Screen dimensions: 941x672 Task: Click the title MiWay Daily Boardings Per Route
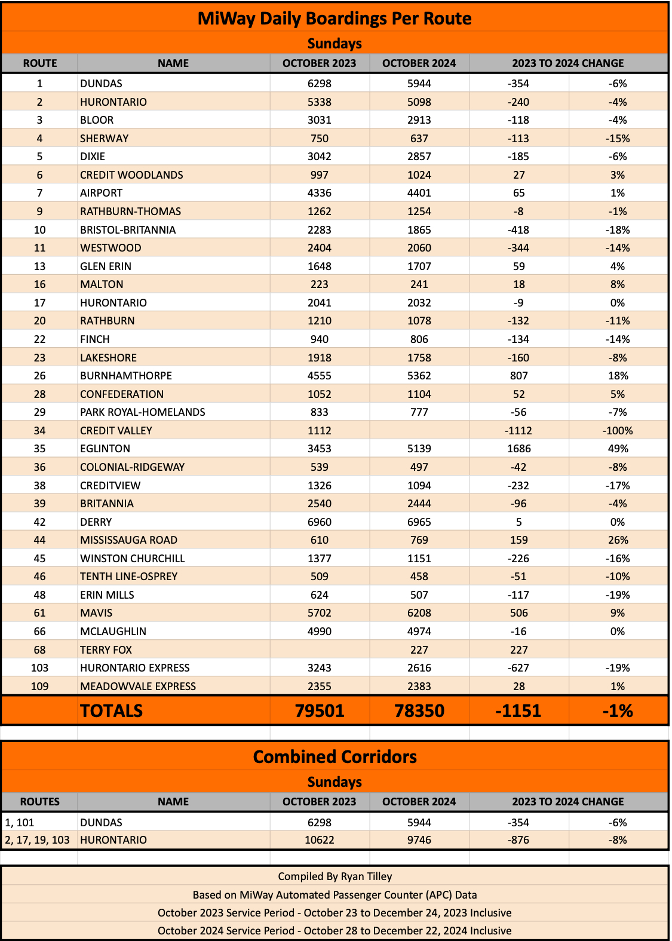coord(335,19)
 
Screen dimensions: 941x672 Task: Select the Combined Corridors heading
coord(335,757)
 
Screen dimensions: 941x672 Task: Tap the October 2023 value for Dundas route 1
coord(319,84)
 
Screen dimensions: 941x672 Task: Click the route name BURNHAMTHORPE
coord(126,376)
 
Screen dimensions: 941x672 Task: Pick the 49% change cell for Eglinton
coord(618,449)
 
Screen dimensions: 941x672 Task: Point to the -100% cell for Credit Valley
coord(618,431)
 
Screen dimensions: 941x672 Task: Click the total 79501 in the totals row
coord(320,711)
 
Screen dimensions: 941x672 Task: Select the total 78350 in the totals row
coord(419,711)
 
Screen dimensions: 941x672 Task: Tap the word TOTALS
coord(112,711)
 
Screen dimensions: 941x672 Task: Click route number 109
coord(39,686)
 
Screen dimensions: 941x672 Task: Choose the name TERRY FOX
coord(106,650)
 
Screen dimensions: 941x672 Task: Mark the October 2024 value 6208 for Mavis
coord(419,613)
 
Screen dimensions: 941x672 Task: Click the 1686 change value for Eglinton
coord(518,449)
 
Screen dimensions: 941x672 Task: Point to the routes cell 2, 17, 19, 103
coord(37,840)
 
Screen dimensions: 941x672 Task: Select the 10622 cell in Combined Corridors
coord(319,840)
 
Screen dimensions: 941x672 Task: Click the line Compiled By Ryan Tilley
coord(335,876)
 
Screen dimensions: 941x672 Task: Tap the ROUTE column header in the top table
coord(40,63)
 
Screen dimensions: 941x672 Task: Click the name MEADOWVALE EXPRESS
coord(138,686)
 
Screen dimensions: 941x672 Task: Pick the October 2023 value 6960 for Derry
coord(319,522)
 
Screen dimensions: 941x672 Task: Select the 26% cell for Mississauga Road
coord(618,540)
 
